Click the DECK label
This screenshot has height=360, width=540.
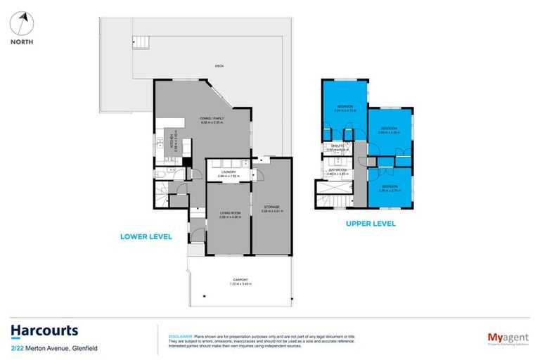coord(219,67)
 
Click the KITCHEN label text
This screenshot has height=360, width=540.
coord(172,141)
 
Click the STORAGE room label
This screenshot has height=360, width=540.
coord(271,207)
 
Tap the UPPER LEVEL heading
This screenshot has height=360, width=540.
coord(370,224)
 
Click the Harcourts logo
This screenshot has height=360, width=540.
coord(44,330)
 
